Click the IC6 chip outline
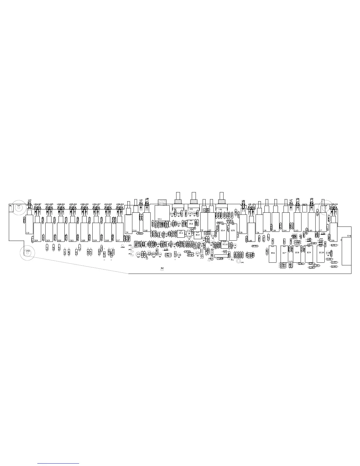click(273, 253)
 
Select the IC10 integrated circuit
click(321, 253)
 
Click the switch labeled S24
click(37, 232)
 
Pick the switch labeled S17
click(119, 232)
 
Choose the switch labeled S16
click(333, 232)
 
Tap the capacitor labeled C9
click(235, 245)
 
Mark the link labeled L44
click(334, 267)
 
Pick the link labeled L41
click(334, 245)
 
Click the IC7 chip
click(284, 253)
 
